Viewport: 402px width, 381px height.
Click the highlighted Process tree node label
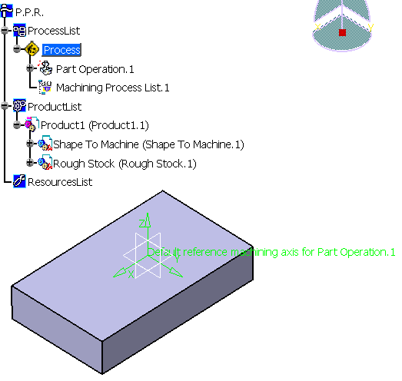(x=61, y=50)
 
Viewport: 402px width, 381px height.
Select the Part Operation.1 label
(x=95, y=69)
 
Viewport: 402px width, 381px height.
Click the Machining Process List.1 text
(x=112, y=88)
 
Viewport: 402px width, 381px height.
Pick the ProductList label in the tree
(x=55, y=107)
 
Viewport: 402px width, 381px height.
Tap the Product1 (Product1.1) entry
(x=95, y=125)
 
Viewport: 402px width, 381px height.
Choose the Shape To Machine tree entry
(x=148, y=144)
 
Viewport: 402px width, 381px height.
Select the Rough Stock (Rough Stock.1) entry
(x=125, y=164)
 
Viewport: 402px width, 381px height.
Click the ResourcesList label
(x=60, y=182)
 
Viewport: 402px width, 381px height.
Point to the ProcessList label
(x=54, y=31)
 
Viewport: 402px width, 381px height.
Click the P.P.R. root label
(x=29, y=12)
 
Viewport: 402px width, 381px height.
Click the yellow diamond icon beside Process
(x=32, y=49)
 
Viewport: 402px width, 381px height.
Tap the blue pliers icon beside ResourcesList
(x=19, y=181)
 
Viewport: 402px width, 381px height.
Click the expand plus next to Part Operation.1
(x=30, y=68)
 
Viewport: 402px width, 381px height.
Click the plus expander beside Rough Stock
(x=30, y=162)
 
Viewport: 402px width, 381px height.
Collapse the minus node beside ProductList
(x=5, y=105)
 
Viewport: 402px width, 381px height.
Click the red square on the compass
(x=342, y=32)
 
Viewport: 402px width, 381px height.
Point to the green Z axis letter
(x=141, y=224)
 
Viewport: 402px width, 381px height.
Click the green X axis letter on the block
(x=131, y=274)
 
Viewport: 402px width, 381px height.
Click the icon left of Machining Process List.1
(x=45, y=87)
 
